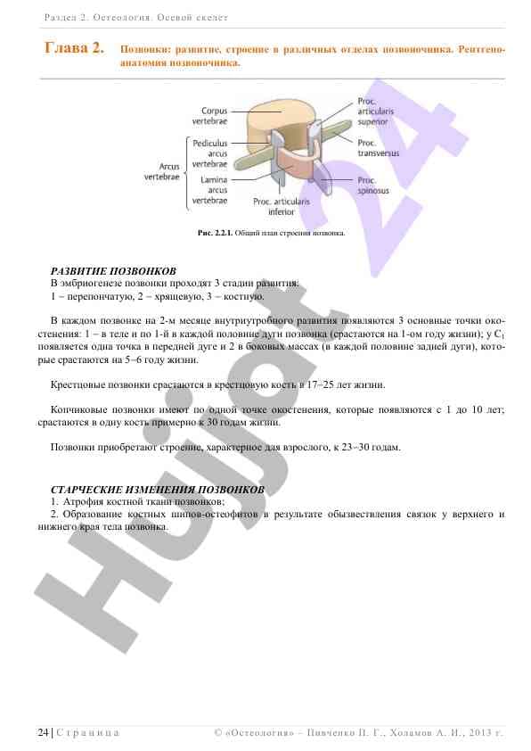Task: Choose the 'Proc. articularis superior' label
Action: (x=374, y=111)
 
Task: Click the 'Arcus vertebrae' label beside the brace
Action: (x=162, y=172)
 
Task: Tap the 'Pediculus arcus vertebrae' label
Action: (x=210, y=153)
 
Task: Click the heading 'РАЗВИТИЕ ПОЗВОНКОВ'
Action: (x=113, y=270)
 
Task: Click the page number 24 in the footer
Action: (x=43, y=732)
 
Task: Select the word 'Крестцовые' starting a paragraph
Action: (x=78, y=384)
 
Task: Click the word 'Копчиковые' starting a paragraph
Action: (x=79, y=409)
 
